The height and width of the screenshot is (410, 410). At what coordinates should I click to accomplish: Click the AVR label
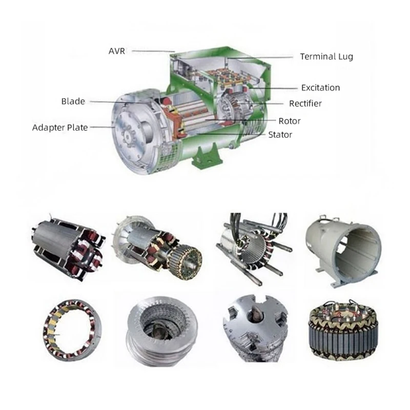117,51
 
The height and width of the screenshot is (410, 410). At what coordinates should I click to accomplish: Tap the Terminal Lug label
326,56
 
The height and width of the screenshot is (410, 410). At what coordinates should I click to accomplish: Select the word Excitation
321,88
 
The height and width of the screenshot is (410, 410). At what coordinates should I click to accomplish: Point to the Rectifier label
305,104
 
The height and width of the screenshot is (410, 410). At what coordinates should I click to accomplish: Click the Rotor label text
290,121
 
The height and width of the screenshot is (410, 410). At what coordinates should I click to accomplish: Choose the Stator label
280,135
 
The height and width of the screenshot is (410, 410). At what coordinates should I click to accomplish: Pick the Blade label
73,101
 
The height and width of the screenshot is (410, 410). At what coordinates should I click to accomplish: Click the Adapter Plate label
60,128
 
